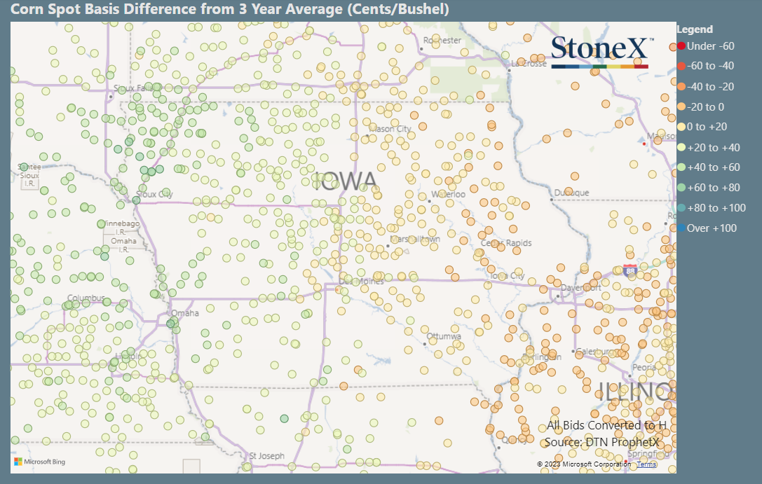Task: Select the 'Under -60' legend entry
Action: [706, 46]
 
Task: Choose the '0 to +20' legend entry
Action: [706, 127]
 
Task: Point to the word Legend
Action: [695, 29]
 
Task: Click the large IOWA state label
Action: [346, 181]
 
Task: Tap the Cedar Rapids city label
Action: [506, 243]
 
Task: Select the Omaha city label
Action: [185, 313]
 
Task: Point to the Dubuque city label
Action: [571, 193]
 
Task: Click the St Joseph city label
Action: [267, 456]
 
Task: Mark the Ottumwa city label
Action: [444, 336]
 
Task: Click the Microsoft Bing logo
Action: [39, 462]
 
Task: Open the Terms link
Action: [646, 464]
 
